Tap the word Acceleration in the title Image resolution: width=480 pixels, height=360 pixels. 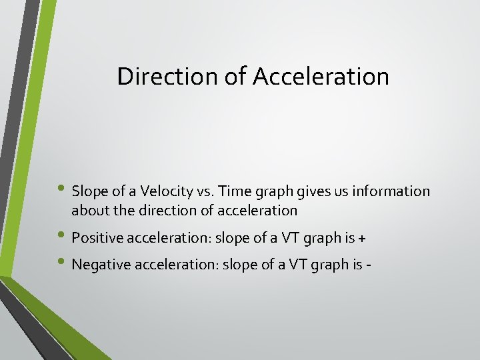tap(321, 77)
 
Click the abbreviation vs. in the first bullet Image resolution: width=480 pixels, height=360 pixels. tap(205, 191)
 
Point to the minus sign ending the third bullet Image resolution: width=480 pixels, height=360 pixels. tap(368, 265)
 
